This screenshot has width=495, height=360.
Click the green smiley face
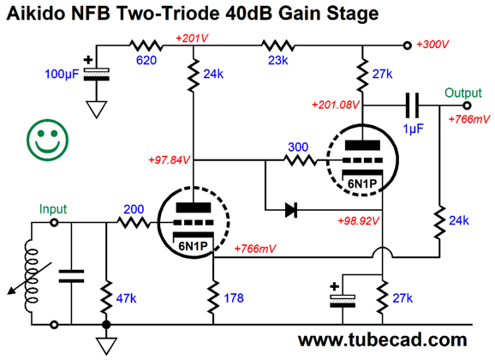point(47,140)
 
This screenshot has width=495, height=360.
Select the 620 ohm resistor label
point(146,60)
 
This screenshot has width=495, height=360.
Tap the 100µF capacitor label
point(62,74)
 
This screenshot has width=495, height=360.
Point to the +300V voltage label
point(432,45)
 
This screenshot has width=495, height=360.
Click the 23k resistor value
point(277,60)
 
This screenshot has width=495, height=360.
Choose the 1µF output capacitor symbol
point(413,105)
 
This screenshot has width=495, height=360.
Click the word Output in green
point(463,93)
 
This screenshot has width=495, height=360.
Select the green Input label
point(53,209)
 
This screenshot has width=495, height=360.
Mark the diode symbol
point(291,210)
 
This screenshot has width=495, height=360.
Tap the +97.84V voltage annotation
point(170,160)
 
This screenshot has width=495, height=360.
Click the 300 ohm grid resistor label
point(298,147)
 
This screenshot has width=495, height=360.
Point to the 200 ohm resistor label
point(134,209)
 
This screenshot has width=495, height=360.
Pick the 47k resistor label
point(126,298)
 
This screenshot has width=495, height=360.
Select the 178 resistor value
point(234,298)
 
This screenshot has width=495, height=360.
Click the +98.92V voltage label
point(358,220)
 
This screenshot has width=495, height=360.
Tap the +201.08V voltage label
point(335,105)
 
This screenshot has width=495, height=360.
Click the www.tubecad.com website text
point(382,340)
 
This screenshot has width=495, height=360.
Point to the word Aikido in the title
point(35,14)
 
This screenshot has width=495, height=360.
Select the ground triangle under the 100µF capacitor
point(96,110)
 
